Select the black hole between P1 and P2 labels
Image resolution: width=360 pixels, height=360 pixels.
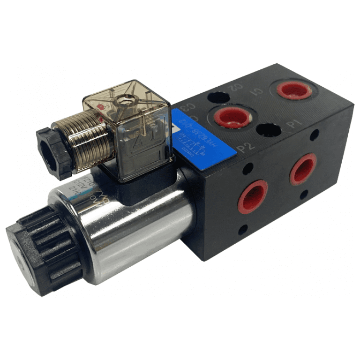tap(269, 130)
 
